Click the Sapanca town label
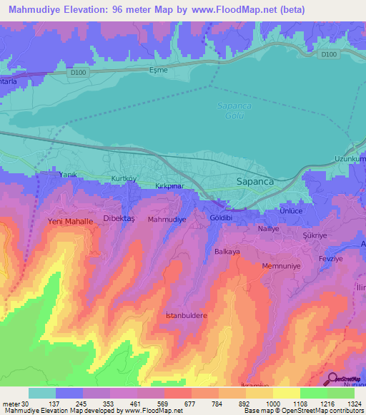pyautogui.click(x=255, y=182)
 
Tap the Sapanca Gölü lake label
pyautogui.click(x=230, y=111)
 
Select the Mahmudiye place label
pyautogui.click(x=167, y=220)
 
